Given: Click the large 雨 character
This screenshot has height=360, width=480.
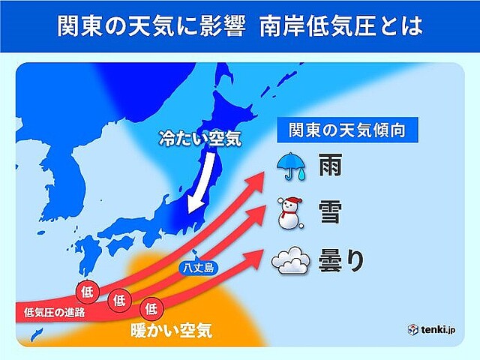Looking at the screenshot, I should pyautogui.click(x=331, y=166).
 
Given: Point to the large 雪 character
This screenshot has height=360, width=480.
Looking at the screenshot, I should pyautogui.click(x=331, y=213).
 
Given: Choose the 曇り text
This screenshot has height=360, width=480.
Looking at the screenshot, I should pyautogui.click(x=342, y=259).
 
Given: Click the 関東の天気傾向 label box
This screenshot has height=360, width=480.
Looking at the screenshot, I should pyautogui.click(x=348, y=129).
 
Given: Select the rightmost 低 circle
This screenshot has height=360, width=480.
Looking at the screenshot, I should pyautogui.click(x=151, y=307).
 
